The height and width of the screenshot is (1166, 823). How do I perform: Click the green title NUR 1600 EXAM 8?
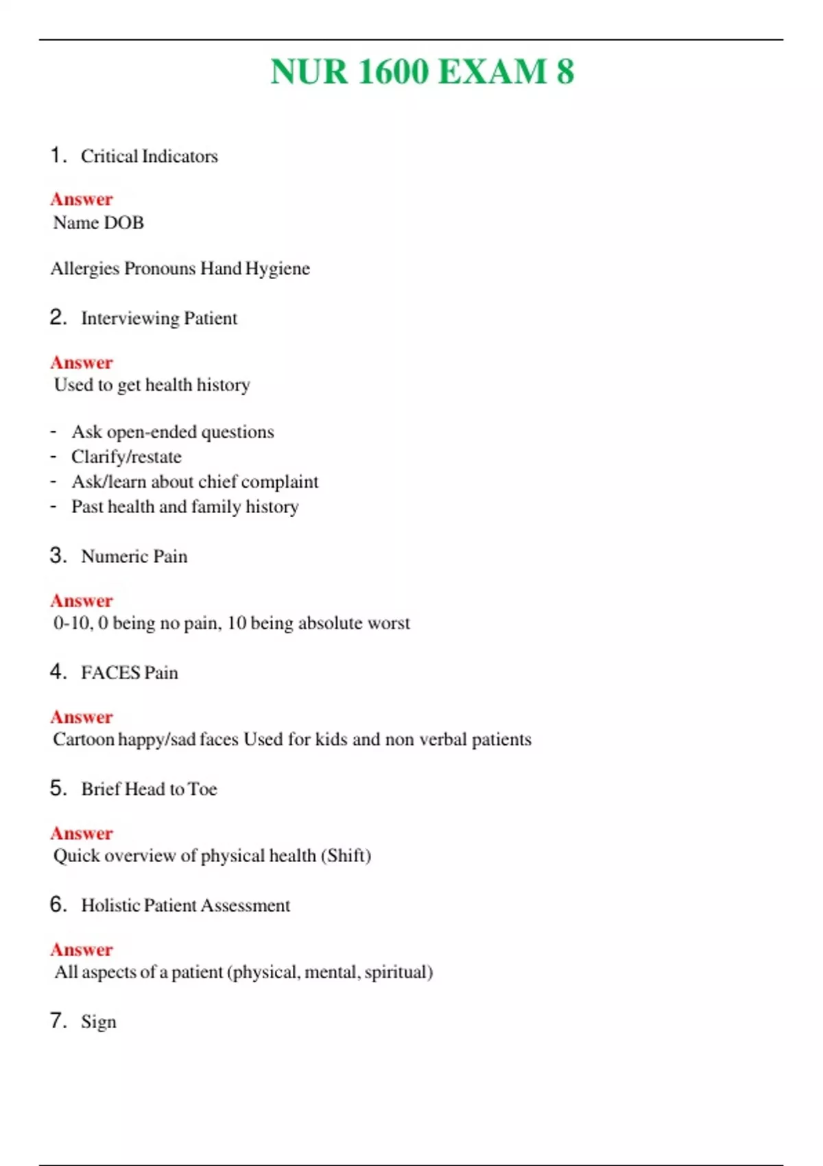[422, 71]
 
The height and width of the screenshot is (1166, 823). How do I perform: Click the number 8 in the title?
[565, 71]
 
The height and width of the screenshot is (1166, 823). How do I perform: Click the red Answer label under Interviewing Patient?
[82, 362]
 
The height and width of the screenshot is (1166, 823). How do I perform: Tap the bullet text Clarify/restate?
[126, 457]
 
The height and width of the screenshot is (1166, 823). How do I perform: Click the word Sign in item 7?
[99, 1022]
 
